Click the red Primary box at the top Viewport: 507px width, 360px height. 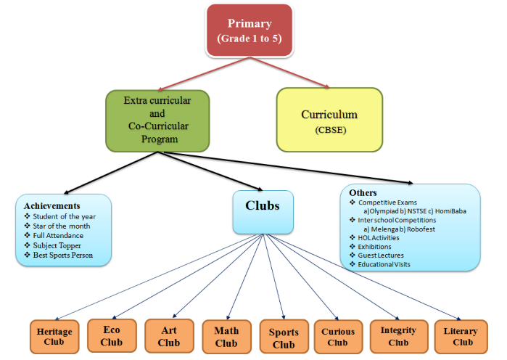click(x=250, y=30)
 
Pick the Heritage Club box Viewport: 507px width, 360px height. click(x=55, y=337)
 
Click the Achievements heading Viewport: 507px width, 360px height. click(x=51, y=206)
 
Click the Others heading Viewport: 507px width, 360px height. click(x=363, y=192)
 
